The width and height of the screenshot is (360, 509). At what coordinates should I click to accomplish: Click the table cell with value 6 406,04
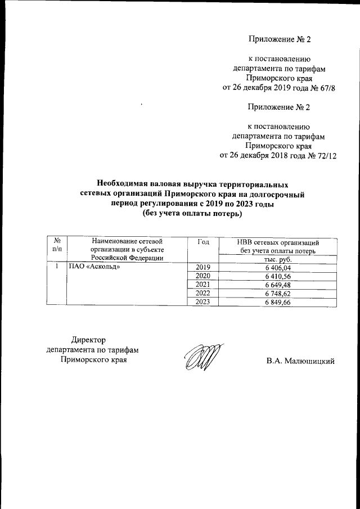(278, 267)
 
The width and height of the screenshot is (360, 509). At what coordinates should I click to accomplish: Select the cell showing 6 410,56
(278, 276)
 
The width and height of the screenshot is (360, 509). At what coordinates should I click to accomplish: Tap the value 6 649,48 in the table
(278, 285)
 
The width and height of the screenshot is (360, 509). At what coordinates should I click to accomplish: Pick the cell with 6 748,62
(278, 294)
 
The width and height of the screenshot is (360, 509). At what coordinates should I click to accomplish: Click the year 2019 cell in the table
(202, 267)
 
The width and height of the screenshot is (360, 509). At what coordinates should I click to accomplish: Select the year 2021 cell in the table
(202, 285)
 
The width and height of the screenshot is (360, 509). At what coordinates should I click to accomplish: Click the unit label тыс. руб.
(278, 259)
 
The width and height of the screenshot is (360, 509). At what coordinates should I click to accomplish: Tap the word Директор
(88, 339)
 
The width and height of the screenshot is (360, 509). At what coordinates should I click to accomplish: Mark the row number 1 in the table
(57, 267)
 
